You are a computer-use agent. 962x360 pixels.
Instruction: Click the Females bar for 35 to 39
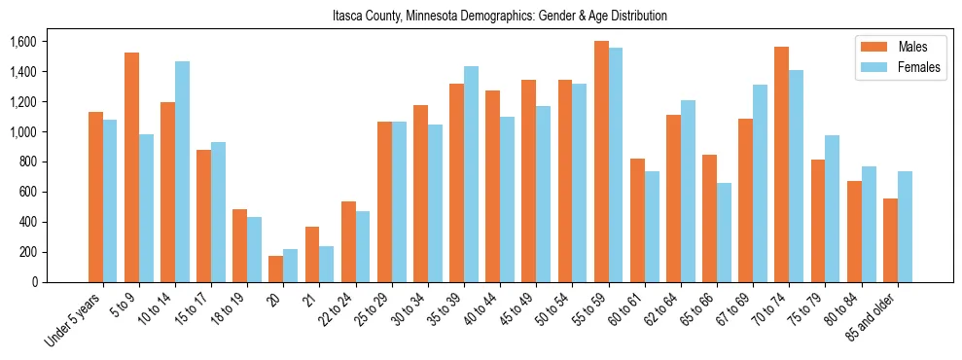(471, 174)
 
